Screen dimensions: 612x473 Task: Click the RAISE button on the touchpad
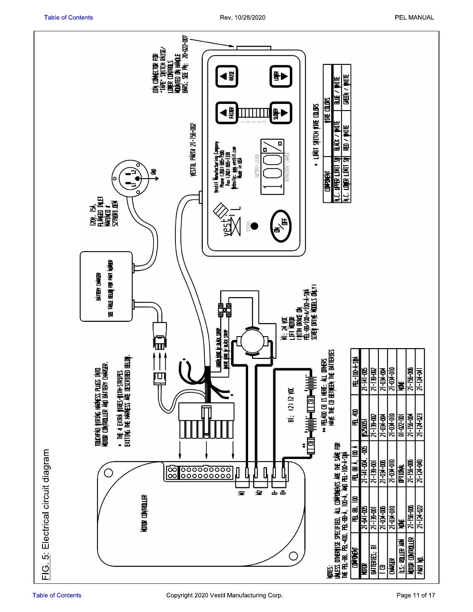226,76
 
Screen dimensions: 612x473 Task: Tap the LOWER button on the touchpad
281,76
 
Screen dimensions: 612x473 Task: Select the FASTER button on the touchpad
226,113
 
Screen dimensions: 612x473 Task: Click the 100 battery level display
272,167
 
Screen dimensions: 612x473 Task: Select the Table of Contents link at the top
68,17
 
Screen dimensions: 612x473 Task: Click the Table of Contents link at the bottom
57,595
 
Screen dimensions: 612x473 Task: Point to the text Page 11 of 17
415,595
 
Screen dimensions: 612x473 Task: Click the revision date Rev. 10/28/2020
242,17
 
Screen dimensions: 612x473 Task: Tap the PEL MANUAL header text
414,17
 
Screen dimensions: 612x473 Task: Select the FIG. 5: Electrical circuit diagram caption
46,514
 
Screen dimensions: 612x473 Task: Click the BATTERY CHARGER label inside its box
99,286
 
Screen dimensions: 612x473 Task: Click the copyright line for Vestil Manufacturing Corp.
224,595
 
